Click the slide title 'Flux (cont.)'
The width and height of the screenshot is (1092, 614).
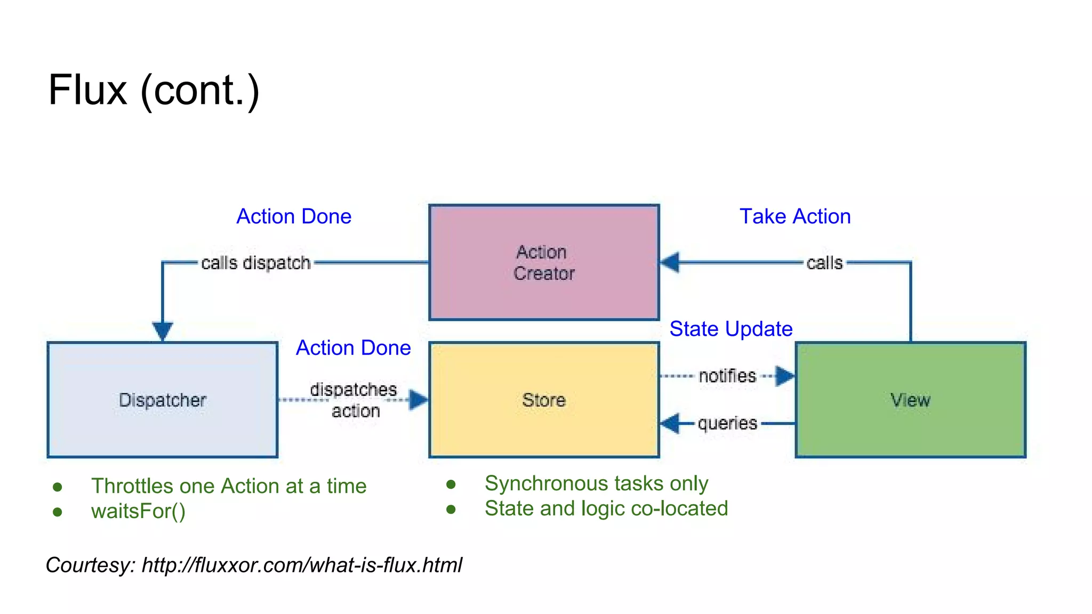tap(154, 90)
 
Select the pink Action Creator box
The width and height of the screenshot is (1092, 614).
tap(544, 262)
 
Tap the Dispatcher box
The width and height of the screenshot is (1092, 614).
tap(162, 400)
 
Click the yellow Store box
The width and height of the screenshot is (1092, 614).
tap(544, 400)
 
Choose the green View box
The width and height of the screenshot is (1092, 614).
tap(910, 400)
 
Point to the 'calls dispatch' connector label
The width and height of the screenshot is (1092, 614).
tap(255, 263)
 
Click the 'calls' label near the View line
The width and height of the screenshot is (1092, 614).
tap(824, 263)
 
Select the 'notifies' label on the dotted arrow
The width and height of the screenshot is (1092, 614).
tap(727, 376)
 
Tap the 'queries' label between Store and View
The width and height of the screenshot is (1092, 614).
tap(727, 423)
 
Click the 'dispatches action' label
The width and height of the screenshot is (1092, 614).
tap(354, 400)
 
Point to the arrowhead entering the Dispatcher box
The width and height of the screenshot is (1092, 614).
tap(163, 331)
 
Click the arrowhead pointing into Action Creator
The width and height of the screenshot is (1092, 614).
tap(670, 262)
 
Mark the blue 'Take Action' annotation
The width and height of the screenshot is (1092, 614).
tap(794, 216)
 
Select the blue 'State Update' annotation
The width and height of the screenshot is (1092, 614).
tap(730, 329)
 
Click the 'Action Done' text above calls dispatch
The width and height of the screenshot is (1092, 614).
tap(294, 216)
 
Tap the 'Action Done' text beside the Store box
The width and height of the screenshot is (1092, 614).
tap(353, 348)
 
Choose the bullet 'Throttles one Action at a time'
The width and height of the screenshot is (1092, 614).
tap(229, 486)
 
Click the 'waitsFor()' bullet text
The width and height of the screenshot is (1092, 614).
tap(138, 511)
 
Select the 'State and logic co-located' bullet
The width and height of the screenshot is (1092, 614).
tap(606, 508)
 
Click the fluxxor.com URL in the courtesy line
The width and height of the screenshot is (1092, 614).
tap(302, 565)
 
